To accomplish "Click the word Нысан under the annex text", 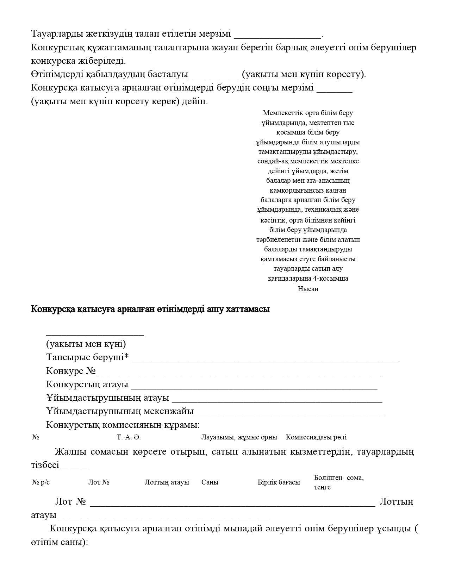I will (x=308, y=289).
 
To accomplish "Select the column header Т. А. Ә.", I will (x=129, y=437).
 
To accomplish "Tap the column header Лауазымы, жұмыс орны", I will (x=239, y=437).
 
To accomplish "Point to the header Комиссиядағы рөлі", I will (x=316, y=437).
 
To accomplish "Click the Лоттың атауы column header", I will (x=167, y=482).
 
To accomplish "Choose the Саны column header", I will (x=210, y=482).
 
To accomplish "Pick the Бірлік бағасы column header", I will (x=279, y=482).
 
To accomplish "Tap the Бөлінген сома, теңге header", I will (x=338, y=482).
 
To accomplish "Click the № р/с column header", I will (x=41, y=482).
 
